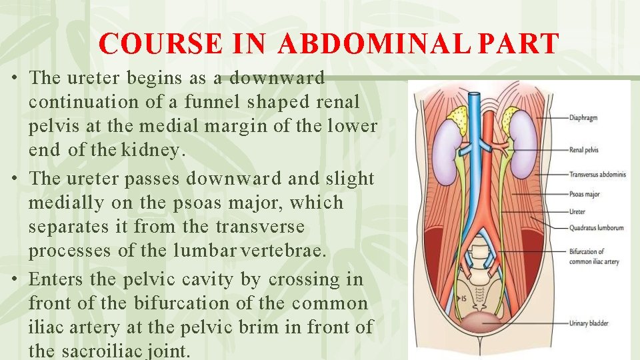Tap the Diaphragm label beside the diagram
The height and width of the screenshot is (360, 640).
pos(584,117)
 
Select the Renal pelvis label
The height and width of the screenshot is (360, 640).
pos(584,150)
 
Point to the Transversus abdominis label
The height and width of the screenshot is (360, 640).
pos(597,175)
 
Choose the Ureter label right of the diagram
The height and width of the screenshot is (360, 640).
pos(578,213)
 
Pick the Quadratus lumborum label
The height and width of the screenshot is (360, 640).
pos(597,227)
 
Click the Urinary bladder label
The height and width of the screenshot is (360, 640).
pos(589,323)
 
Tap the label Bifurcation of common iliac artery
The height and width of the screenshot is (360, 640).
pos(593,257)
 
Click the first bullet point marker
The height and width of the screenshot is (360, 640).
pos(14,78)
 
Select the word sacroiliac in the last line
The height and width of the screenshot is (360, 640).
pos(111,351)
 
